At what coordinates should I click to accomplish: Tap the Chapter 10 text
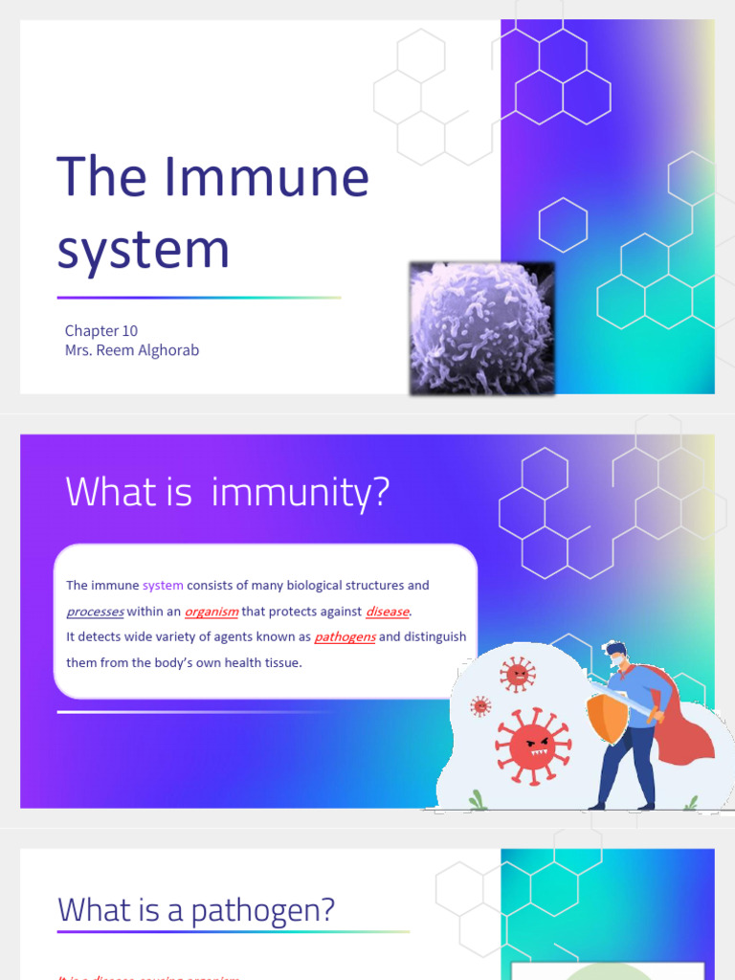tap(101, 330)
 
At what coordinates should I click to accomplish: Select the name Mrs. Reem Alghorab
tap(132, 350)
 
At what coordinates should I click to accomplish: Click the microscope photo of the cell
tap(482, 328)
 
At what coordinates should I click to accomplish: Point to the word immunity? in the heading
tap(301, 492)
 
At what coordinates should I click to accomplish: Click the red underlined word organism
tap(212, 612)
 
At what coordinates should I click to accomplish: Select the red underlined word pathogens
tap(345, 637)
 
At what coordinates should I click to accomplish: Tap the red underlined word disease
tap(388, 612)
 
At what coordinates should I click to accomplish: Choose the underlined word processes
tap(95, 612)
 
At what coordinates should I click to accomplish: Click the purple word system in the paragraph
tap(163, 586)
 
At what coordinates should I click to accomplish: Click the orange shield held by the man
tap(608, 718)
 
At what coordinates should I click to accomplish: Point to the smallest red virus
tap(480, 706)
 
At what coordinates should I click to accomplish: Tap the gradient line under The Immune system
tap(199, 298)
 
